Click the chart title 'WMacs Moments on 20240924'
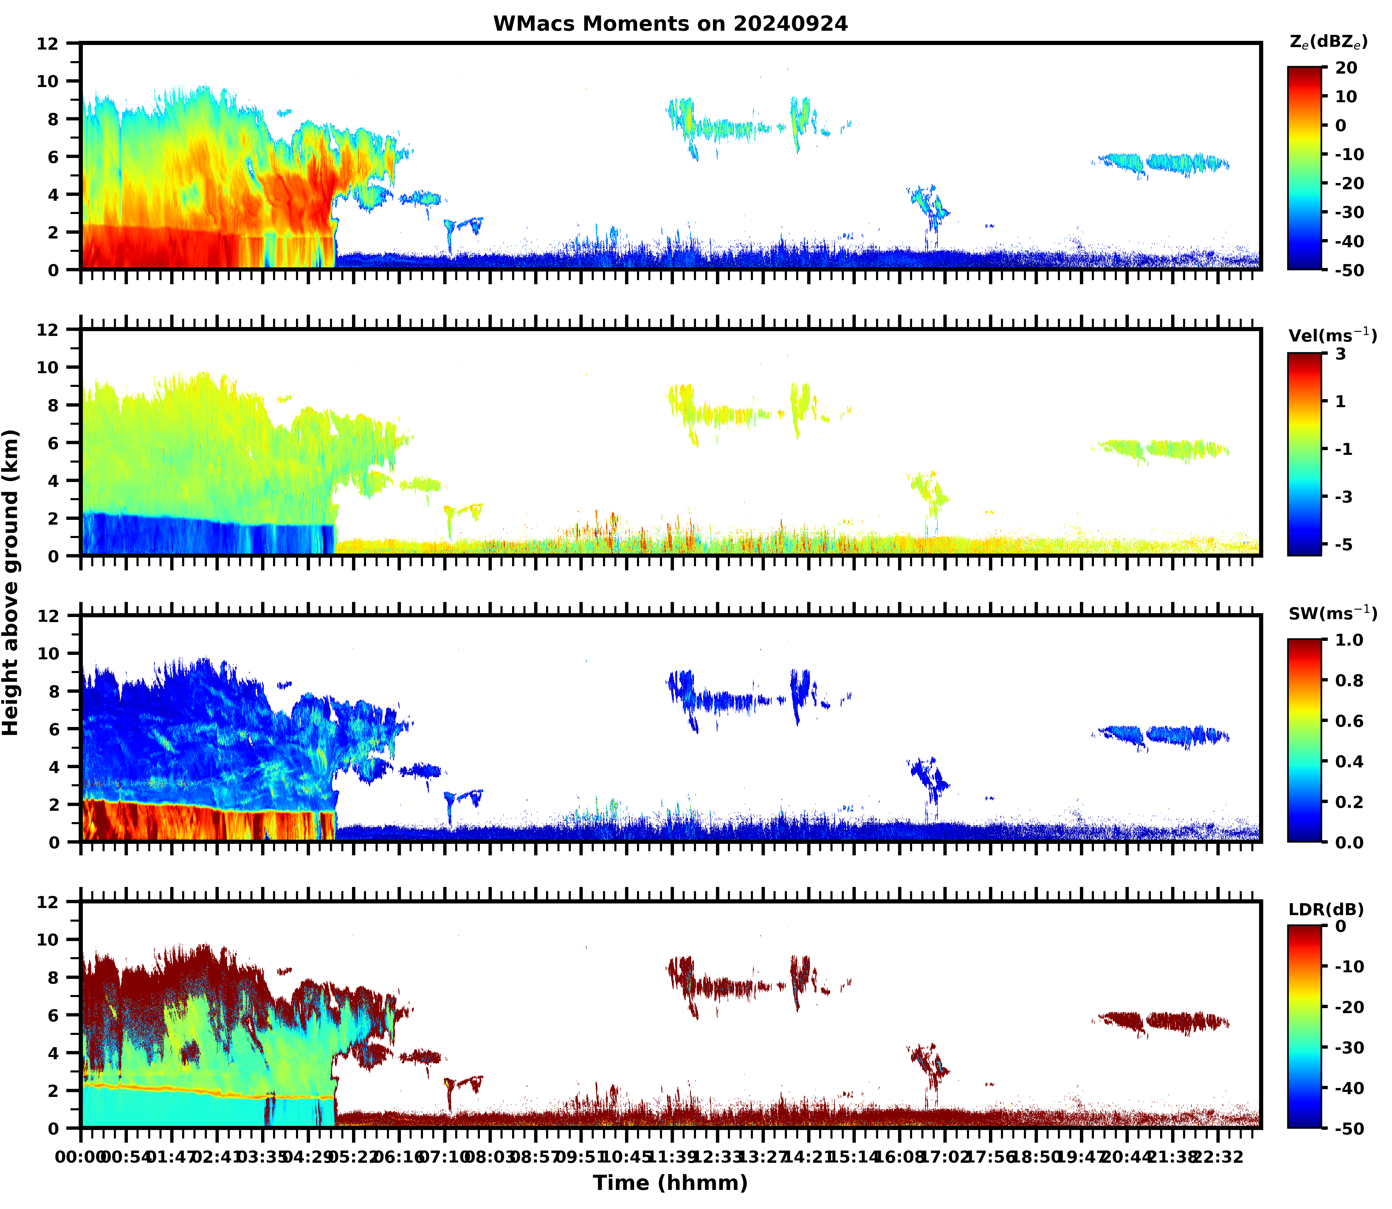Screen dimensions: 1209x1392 [x=670, y=24]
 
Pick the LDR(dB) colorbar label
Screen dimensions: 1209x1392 [x=1326, y=909]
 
